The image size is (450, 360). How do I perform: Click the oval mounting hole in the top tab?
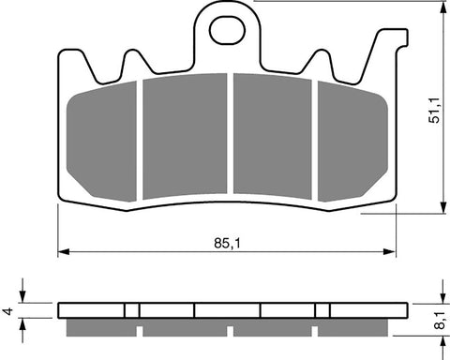point(226,32)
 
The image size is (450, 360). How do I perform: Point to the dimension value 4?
point(8,311)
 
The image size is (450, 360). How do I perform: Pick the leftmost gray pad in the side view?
point(101,328)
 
